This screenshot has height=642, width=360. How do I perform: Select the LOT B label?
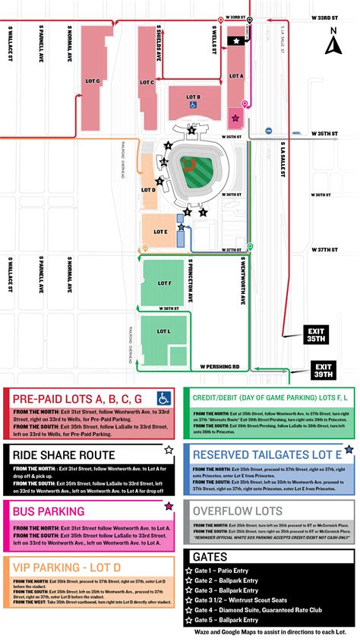click(x=193, y=96)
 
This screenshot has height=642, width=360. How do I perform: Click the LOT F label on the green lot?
click(x=165, y=282)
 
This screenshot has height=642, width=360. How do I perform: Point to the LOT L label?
click(x=164, y=331)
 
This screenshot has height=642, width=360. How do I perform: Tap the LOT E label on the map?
click(x=159, y=232)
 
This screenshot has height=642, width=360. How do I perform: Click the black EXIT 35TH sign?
click(x=315, y=336)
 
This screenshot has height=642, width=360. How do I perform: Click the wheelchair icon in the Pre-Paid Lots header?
click(x=164, y=397)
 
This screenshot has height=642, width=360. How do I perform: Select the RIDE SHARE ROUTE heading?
click(x=65, y=454)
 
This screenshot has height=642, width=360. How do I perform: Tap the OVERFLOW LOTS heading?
click(x=238, y=511)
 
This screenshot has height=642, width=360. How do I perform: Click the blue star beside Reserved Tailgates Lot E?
click(x=349, y=450)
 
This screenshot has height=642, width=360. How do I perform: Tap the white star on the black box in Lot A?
click(x=238, y=40)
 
